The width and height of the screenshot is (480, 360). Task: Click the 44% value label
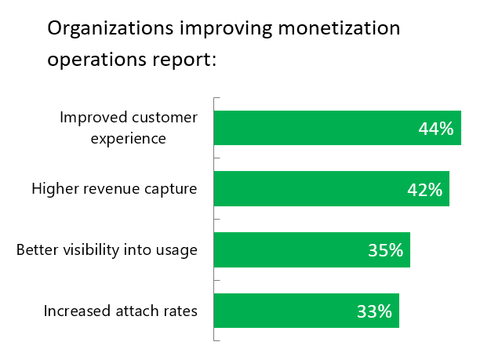436,129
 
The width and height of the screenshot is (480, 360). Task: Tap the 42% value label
425,189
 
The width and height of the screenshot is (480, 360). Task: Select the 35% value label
386,250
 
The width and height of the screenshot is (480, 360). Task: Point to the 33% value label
374,311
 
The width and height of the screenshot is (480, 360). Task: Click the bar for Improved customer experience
314,128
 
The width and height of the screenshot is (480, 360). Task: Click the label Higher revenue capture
115,189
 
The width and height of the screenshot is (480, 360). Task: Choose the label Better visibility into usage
107,250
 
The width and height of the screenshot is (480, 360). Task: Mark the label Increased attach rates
120,311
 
